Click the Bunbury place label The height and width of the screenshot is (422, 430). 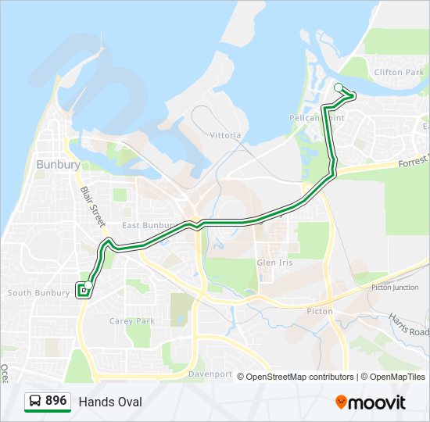coord(58,165)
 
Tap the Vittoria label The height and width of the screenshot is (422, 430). coord(225,135)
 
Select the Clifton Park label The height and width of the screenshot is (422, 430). coord(399,72)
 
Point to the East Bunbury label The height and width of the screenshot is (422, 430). coord(146,225)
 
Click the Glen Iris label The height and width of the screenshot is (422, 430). coord(275,263)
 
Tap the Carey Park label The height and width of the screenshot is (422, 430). coord(132,320)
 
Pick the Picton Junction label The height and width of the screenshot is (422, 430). coord(395,288)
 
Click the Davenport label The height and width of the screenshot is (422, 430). coord(211,374)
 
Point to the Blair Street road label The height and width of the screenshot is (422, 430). coord(92,205)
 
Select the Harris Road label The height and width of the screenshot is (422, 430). coord(407,324)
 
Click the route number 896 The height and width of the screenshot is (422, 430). coord(56,401)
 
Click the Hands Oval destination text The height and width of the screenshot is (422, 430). coord(110,402)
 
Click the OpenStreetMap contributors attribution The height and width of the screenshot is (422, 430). coord(300,377)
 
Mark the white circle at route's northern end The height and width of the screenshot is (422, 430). coord(339,88)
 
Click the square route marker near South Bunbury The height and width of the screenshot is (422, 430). coord(82,291)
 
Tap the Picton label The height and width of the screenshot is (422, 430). coord(320,311)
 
